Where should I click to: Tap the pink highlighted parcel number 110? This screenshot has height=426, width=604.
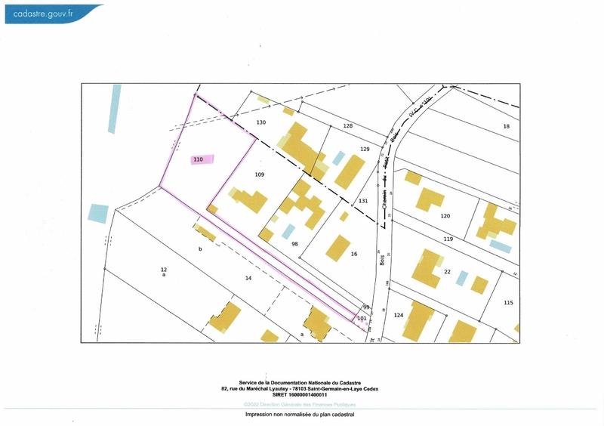[199, 159]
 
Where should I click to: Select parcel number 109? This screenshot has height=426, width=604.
[260, 174]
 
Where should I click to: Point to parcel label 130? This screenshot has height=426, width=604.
[261, 122]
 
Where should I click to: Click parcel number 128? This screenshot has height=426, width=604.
[348, 125]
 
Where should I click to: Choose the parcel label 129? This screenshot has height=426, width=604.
[365, 150]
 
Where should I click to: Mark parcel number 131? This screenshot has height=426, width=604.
[363, 201]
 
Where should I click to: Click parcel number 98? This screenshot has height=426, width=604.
[295, 244]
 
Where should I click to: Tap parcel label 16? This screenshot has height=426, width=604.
[354, 255]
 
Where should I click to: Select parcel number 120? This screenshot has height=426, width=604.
[445, 216]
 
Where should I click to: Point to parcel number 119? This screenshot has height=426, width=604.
[448, 239]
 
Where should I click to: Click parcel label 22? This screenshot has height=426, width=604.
[447, 272]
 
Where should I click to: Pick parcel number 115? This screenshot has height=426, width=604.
[508, 303]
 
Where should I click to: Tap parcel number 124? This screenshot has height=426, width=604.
[399, 314]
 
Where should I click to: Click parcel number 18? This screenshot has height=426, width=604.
[507, 125]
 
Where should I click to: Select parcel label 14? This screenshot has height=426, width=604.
[248, 278]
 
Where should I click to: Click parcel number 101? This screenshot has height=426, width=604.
[362, 319]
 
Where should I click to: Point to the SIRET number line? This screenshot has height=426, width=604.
[300, 394]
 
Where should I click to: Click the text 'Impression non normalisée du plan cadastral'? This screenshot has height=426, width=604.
[300, 415]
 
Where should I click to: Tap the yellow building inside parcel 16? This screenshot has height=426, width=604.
[338, 248]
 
